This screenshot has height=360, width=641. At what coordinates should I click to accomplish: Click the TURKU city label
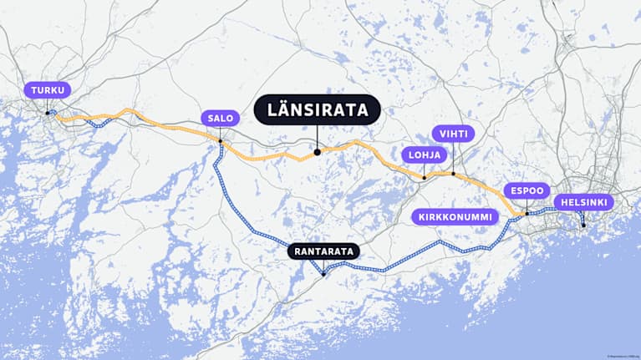(x=48, y=90)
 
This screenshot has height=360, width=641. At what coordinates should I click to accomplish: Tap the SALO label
(x=221, y=118)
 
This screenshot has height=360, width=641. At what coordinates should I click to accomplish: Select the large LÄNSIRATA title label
(x=317, y=109)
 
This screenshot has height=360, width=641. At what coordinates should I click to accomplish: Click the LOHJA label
(x=425, y=155)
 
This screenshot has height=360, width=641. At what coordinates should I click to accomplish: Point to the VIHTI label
(x=453, y=134)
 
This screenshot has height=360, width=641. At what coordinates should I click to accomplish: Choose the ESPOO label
(x=527, y=190)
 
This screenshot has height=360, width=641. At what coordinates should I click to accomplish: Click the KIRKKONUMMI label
(x=455, y=216)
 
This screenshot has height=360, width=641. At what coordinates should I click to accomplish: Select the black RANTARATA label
(x=323, y=251)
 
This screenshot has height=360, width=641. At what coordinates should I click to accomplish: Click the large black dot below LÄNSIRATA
(x=318, y=152)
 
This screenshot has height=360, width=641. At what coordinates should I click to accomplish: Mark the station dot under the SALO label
(x=221, y=140)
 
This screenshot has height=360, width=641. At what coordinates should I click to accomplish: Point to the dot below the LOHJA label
(x=425, y=177)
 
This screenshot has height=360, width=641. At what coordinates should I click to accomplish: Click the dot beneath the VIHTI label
(x=453, y=174)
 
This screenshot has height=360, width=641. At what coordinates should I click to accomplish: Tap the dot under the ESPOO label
(x=527, y=214)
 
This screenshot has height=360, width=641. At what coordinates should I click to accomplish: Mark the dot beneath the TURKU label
(x=48, y=112)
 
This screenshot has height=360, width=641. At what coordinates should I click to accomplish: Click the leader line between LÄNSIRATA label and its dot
(x=318, y=137)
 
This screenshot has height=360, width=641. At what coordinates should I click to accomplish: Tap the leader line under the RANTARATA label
(x=323, y=265)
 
